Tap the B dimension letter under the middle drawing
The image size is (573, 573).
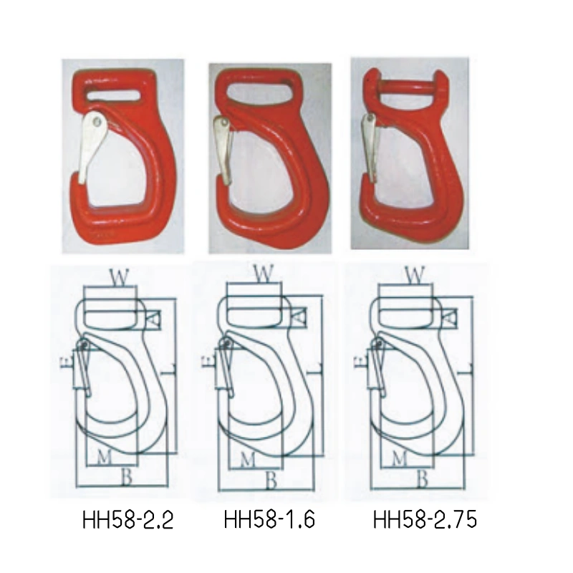271,480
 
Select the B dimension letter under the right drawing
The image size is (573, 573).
423,480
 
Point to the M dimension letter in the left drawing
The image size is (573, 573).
105,458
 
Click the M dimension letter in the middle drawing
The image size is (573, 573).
247,458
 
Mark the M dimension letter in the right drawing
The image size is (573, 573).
400,458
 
